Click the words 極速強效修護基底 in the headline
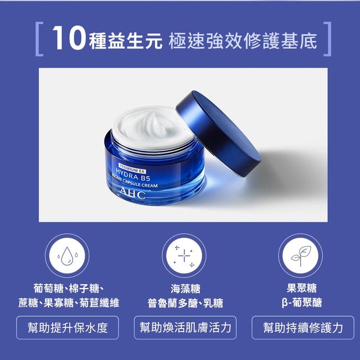(243, 41)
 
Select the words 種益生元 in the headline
(126, 41)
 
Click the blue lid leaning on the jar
(218, 133)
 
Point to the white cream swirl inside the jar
(152, 126)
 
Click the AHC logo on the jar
(132, 193)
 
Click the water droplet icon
(67, 255)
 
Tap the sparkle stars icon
(184, 256)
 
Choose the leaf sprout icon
(301, 255)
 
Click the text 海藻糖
(186, 289)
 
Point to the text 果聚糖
(302, 288)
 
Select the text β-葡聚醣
(302, 302)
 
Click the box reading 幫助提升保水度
(68, 327)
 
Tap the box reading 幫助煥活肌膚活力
(185, 327)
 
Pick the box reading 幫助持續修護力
(303, 327)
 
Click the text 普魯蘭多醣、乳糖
(186, 303)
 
